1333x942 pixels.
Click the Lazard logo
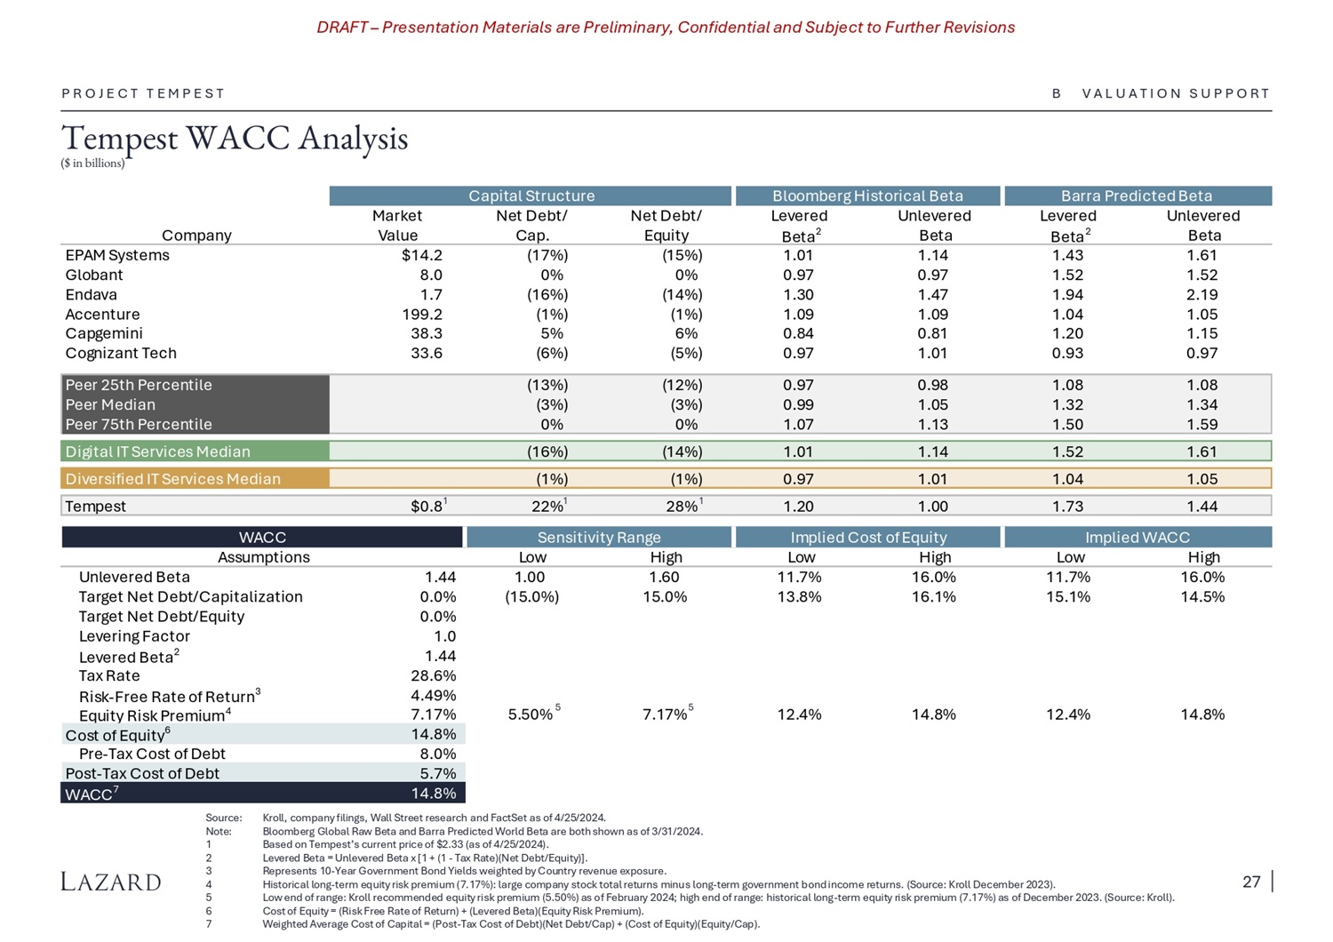[x=111, y=882]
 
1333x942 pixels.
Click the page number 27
[x=1251, y=882]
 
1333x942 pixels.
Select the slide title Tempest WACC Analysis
[x=235, y=139]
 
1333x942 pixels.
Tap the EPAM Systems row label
[x=117, y=256]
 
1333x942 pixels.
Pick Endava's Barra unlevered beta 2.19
[x=1201, y=295]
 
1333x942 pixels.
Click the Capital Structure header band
[x=531, y=196]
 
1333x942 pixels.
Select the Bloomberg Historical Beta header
[x=867, y=196]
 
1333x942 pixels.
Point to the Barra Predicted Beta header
[x=1137, y=196]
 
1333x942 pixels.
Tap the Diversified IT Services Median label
[x=172, y=479]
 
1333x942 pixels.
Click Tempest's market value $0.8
[x=427, y=507]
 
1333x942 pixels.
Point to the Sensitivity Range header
[x=599, y=538]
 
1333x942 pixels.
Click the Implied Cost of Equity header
[x=868, y=538]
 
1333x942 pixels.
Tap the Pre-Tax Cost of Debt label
[x=152, y=754]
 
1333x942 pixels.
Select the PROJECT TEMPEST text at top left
[x=143, y=93]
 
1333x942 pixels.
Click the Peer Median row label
[x=110, y=405]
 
